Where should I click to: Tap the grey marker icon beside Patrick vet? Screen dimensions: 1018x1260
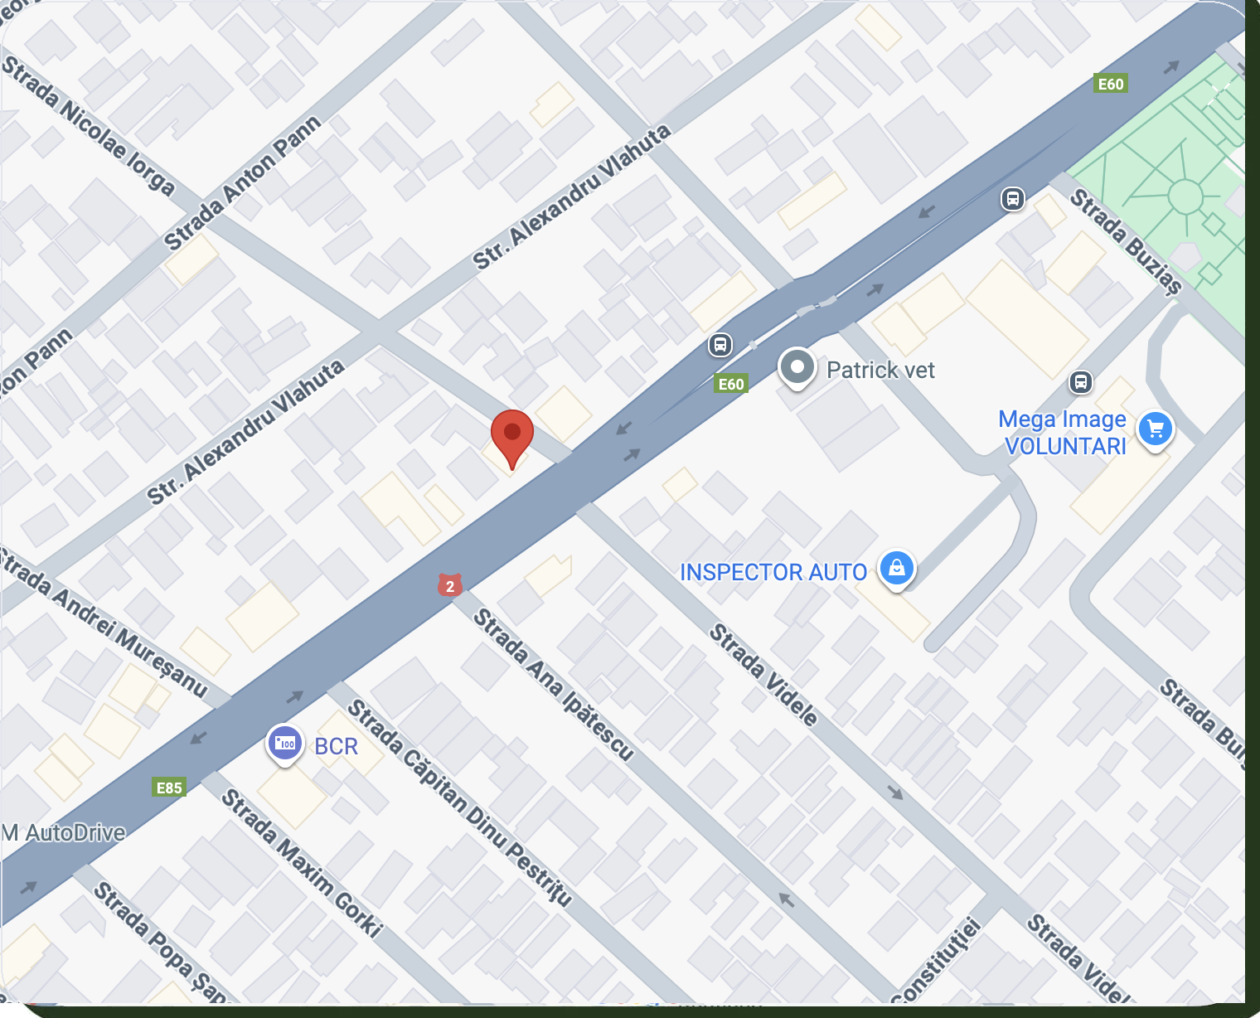(x=797, y=367)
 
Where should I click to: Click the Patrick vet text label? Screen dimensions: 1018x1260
(x=880, y=370)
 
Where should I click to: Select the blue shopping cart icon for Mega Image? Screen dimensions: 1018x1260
(x=1156, y=429)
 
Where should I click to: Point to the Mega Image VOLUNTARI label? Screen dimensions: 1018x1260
(x=1064, y=433)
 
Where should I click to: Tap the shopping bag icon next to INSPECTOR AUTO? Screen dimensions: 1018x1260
(x=896, y=569)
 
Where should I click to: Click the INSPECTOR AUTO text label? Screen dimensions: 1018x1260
(x=773, y=572)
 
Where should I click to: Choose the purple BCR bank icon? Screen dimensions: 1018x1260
(x=284, y=743)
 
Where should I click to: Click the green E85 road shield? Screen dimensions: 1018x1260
(x=169, y=788)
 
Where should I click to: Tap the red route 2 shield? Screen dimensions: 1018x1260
(x=450, y=586)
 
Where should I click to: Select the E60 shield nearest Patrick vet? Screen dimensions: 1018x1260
(x=731, y=383)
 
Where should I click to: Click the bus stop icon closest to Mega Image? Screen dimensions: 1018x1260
(x=1080, y=382)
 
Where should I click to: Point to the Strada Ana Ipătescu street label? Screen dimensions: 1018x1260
(x=553, y=685)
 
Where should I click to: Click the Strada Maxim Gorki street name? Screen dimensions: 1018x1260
(x=302, y=862)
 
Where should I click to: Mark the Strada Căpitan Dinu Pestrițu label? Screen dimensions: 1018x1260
(x=459, y=802)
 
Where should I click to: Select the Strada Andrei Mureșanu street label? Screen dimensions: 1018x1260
(x=104, y=622)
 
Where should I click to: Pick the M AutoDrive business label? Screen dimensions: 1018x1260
(x=64, y=832)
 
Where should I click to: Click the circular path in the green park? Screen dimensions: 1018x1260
(x=1185, y=196)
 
